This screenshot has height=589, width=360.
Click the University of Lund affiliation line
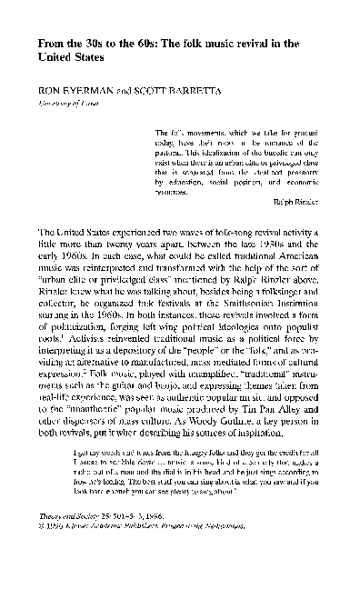tap(60, 103)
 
